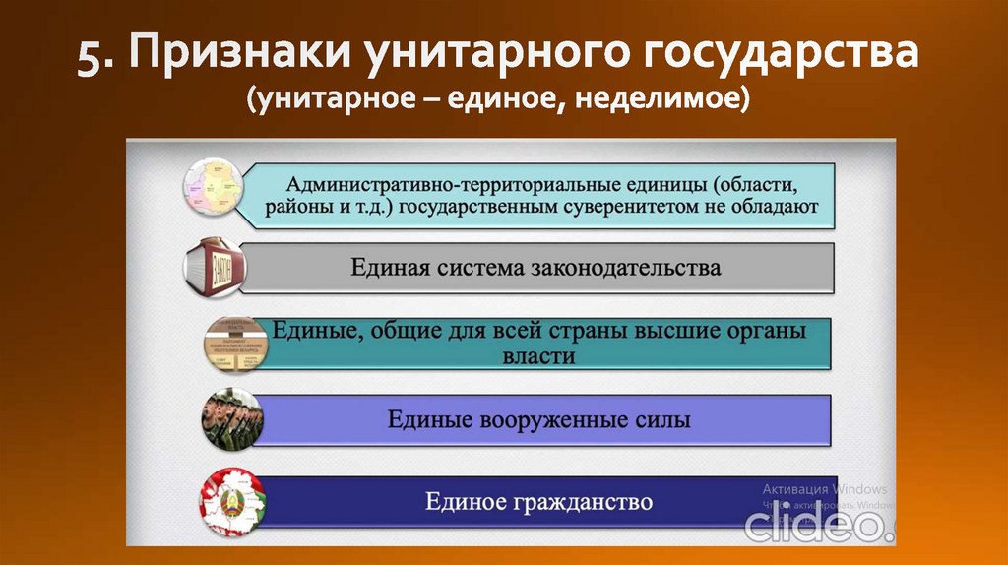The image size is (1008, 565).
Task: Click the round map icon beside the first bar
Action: (214, 189)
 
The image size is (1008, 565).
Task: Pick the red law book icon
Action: (216, 266)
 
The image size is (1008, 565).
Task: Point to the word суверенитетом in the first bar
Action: (637, 208)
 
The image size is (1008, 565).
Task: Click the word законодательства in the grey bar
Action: (626, 268)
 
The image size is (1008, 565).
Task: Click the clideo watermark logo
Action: (816, 525)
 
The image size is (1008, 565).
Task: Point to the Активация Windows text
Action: (824, 489)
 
